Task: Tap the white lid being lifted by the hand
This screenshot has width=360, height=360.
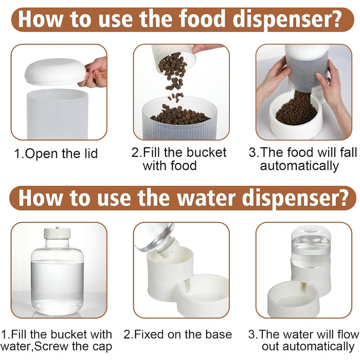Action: pyautogui.click(x=56, y=71)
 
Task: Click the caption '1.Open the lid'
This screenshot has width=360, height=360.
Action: pyautogui.click(x=56, y=154)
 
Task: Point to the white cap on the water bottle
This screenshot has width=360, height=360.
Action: pyautogui.click(x=57, y=233)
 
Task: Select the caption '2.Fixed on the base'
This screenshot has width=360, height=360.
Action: pyautogui.click(x=177, y=334)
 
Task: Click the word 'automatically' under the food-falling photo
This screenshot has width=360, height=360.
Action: pyautogui.click(x=299, y=166)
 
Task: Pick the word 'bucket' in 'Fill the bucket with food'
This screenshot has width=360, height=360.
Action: pyautogui.click(x=206, y=152)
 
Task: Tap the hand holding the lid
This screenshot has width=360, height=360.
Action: pyautogui.click(x=95, y=73)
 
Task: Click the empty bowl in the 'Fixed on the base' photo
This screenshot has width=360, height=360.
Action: pyautogui.click(x=203, y=294)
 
